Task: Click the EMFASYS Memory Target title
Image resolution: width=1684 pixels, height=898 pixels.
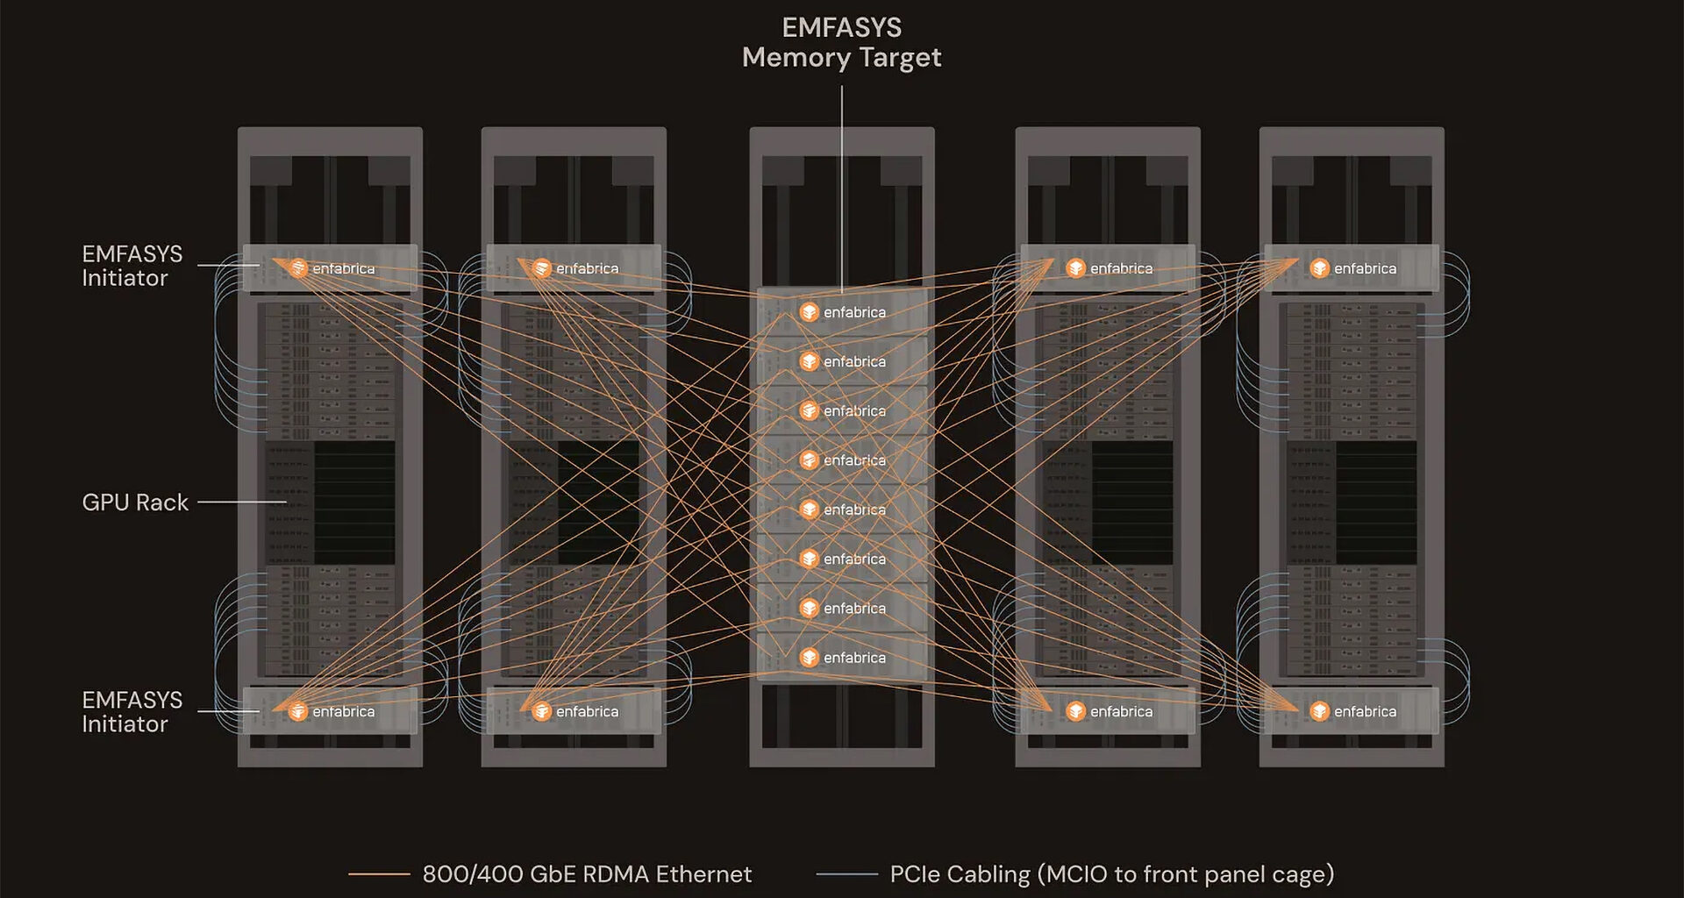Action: [x=841, y=43]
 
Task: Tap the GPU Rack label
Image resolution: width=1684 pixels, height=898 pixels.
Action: [x=135, y=502]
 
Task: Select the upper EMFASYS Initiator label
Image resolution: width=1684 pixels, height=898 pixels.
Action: [x=132, y=266]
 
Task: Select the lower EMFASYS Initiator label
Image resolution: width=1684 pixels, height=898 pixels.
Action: [x=132, y=712]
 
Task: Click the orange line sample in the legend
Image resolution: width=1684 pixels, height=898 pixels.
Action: [x=379, y=874]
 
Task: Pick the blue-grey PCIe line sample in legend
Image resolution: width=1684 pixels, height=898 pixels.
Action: [x=846, y=874]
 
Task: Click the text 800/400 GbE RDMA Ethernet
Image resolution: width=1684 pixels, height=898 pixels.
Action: [x=587, y=874]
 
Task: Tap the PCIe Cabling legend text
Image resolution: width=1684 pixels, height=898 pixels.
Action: [x=1111, y=874]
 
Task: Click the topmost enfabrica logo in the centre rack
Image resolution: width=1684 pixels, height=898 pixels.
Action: [x=810, y=312]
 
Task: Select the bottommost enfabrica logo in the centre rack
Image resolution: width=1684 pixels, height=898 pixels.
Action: [x=810, y=658]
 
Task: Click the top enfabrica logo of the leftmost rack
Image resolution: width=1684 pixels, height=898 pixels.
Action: [x=298, y=268]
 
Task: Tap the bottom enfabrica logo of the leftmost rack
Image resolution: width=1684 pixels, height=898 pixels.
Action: [x=298, y=711]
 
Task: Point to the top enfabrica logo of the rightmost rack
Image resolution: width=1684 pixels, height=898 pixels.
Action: [x=1320, y=268]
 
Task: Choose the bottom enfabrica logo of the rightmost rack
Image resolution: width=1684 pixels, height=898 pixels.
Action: [x=1320, y=711]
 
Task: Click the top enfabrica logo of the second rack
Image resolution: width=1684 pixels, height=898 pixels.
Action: [x=542, y=268]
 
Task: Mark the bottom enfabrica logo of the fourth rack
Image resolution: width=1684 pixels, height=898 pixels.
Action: [x=1076, y=711]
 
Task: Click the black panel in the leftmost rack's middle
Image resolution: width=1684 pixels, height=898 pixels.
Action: [x=354, y=502]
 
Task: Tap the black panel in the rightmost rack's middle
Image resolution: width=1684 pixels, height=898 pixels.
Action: [x=1376, y=502]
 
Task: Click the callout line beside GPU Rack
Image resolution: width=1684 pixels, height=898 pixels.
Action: [x=239, y=502]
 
